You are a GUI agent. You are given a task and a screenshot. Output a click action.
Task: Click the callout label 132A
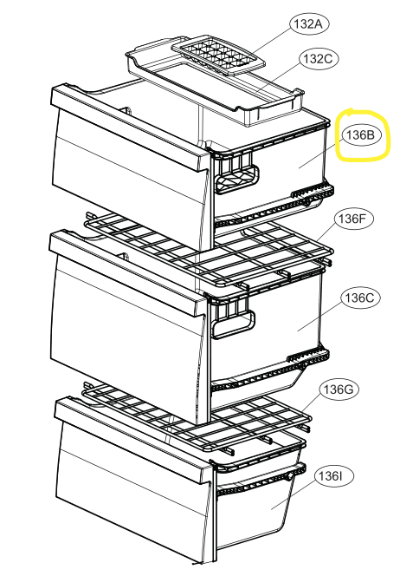click(309, 24)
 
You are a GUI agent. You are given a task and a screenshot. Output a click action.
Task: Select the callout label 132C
click(319, 59)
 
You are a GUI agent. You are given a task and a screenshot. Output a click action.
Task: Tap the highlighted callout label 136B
click(361, 135)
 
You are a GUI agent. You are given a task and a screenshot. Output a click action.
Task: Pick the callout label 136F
click(352, 219)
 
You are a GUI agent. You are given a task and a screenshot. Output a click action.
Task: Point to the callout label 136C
click(359, 298)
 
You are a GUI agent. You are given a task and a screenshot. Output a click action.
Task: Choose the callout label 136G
click(339, 389)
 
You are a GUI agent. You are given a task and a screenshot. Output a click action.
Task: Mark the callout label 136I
click(333, 476)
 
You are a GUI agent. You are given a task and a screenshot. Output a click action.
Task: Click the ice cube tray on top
click(218, 56)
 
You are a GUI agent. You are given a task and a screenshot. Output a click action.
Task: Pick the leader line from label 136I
click(294, 495)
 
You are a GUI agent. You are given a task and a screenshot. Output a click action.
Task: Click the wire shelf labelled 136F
click(209, 250)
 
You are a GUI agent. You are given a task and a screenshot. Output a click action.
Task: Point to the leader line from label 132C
click(278, 78)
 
